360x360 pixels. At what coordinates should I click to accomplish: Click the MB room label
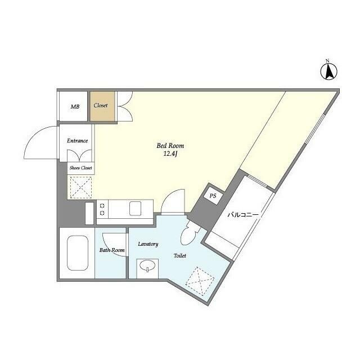[x=75, y=106]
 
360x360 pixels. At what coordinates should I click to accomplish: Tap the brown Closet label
[x=101, y=105]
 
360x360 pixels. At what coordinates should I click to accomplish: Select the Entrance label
[x=78, y=141]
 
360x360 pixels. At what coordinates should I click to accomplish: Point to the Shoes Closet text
[x=81, y=168]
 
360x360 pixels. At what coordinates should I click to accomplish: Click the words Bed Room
[x=170, y=146]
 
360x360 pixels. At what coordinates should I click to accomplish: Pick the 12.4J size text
[x=170, y=154]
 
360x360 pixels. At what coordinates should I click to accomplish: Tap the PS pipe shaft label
[x=213, y=196]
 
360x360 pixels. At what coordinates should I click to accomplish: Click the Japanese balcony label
[x=243, y=215]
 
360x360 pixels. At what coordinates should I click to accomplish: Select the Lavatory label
[x=148, y=244]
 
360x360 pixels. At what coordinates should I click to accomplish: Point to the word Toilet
[x=180, y=255]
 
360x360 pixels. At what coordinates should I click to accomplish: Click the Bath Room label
[x=112, y=250]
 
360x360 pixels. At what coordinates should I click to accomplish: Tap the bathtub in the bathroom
[x=78, y=253]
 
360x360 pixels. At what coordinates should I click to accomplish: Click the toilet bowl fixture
[x=189, y=233]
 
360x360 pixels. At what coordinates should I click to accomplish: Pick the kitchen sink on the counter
[x=135, y=209]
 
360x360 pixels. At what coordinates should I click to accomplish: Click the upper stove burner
[x=102, y=206]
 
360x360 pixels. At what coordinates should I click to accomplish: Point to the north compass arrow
[x=329, y=71]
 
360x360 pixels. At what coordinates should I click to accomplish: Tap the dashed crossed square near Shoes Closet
[x=81, y=187]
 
